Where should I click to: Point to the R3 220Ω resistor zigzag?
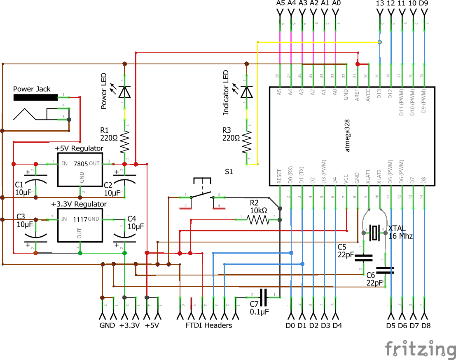[x=247, y=141]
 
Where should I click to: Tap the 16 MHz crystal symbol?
[x=374, y=233]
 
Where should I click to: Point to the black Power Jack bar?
[x=35, y=98]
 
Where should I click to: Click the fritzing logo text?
[x=420, y=348]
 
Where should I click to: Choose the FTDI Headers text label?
[x=208, y=325]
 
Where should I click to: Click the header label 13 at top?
[x=380, y=3]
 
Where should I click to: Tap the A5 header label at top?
[x=280, y=3]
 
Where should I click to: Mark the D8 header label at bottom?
[x=426, y=326]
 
